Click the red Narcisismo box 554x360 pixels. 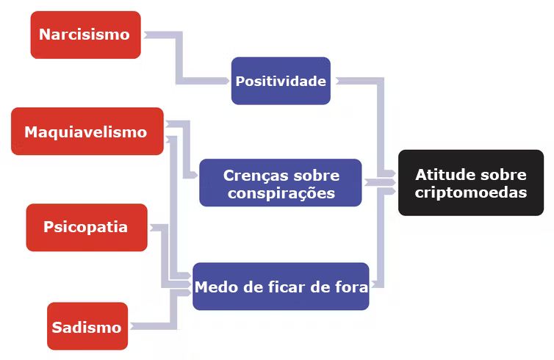pyautogui.click(x=86, y=35)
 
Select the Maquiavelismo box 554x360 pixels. pyautogui.click(x=87, y=131)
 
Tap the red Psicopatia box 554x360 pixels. pyautogui.click(x=87, y=227)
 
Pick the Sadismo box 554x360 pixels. pyautogui.click(x=87, y=325)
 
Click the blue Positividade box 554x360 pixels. pyautogui.click(x=281, y=81)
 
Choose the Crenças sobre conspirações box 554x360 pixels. pyautogui.click(x=281, y=183)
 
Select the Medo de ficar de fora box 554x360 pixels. pyautogui.click(x=281, y=286)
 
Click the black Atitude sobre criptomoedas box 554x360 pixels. pyautogui.click(x=471, y=183)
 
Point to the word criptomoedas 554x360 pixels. pyautogui.click(x=471, y=192)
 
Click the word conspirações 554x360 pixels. pyautogui.click(x=281, y=193)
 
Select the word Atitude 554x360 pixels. pyautogui.click(x=441, y=175)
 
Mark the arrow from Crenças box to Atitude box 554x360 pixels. pyautogui.click(x=380, y=182)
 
